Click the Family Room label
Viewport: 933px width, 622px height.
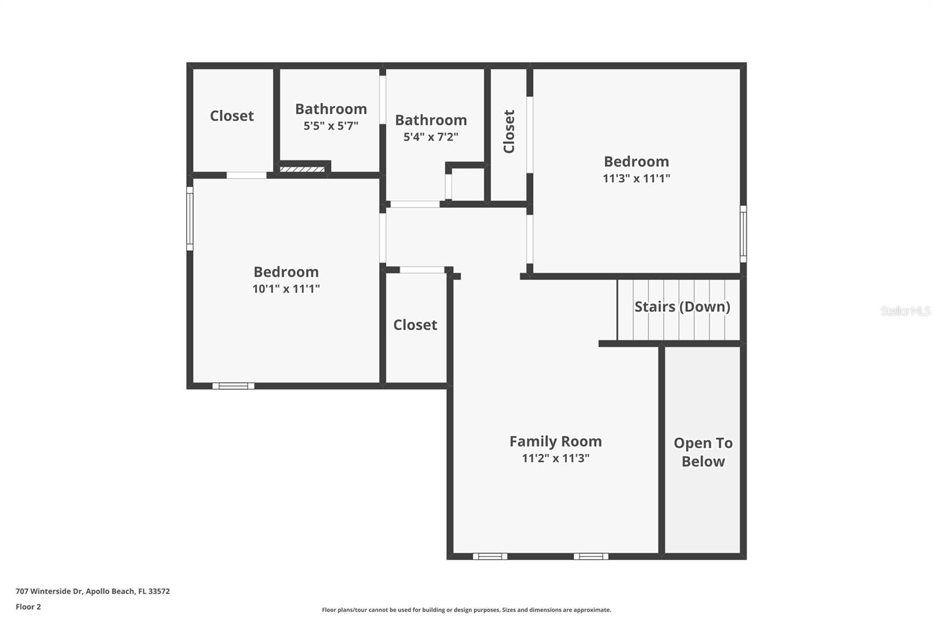pos(555,441)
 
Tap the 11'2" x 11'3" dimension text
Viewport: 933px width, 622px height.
pos(555,458)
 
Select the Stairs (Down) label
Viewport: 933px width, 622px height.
pos(682,306)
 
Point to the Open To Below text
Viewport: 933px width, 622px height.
pos(703,452)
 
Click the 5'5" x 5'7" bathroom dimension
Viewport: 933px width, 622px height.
pos(331,125)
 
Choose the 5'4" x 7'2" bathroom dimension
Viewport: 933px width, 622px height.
pos(431,137)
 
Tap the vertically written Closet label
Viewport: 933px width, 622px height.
pos(509,131)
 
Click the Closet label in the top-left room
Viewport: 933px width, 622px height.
pos(232,116)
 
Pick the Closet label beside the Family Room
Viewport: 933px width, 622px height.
pos(415,324)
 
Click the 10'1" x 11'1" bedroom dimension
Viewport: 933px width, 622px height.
pos(286,288)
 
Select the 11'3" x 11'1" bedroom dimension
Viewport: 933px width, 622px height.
pos(636,178)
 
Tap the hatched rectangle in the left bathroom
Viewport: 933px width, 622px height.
pos(302,169)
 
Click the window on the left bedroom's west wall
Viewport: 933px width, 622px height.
pos(190,219)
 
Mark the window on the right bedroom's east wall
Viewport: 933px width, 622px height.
pos(743,233)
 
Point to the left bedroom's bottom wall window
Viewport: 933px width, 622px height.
pos(233,386)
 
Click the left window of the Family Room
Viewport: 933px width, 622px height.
pos(490,556)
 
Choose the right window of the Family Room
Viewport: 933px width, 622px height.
pos(591,556)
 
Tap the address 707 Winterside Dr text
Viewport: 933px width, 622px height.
pos(93,591)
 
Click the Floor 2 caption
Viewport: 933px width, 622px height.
pos(28,607)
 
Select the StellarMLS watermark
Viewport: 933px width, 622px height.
pos(905,311)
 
